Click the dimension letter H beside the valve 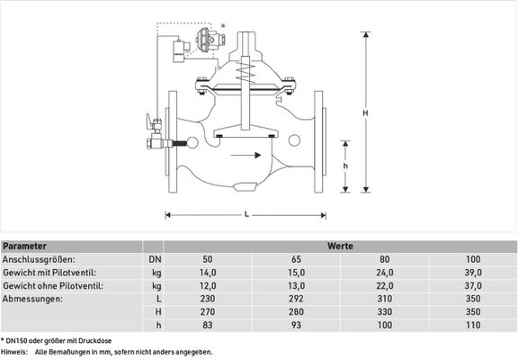tap(365, 113)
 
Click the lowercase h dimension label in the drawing tap(345, 166)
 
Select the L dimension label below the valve tap(246, 214)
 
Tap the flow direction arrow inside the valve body tap(246, 155)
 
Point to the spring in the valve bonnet tap(246, 73)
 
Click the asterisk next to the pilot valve tap(223, 26)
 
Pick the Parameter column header tap(24, 247)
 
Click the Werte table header tap(340, 247)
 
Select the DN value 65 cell tap(296, 259)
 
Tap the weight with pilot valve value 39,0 tap(473, 273)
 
